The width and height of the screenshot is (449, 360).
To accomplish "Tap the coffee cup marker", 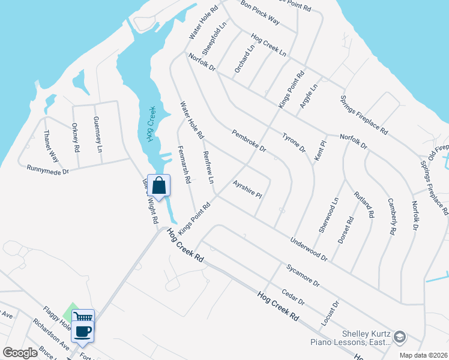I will tap(83, 331).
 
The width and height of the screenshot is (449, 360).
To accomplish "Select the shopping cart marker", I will tap(84, 317).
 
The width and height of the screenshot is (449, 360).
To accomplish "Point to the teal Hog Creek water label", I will tap(151, 124).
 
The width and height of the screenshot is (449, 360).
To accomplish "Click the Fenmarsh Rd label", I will tap(184, 164).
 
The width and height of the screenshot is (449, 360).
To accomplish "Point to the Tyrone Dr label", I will tap(294, 142).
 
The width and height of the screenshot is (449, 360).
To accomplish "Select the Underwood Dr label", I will tap(309, 249).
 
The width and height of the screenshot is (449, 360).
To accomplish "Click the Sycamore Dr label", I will tap(303, 273).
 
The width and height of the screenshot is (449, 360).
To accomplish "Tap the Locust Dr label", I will tap(330, 314).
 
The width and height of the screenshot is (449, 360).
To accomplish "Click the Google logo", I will tap(20, 353).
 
